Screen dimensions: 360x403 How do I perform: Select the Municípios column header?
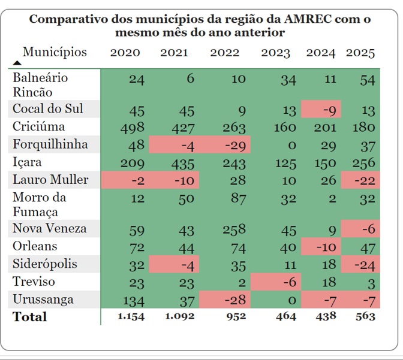click(55, 52)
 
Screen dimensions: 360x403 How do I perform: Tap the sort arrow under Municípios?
click(17, 62)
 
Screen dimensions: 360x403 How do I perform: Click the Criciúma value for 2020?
click(132, 128)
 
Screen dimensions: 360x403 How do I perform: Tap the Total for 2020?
click(131, 317)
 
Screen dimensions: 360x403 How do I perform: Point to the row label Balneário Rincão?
click(40, 85)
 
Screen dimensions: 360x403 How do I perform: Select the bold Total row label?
click(30, 317)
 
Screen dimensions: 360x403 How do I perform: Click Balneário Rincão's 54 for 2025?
click(367, 81)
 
